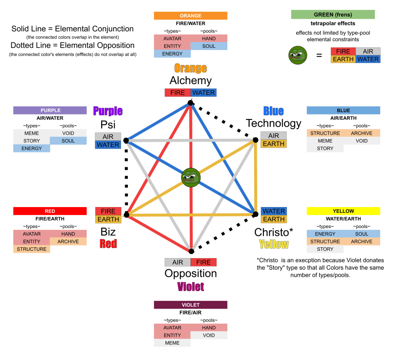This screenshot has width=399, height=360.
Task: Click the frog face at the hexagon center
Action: [191, 178]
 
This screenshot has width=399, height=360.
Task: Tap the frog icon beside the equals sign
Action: [298, 55]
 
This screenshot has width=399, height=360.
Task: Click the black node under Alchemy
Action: [191, 103]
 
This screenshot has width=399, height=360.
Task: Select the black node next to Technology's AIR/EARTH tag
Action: [255, 140]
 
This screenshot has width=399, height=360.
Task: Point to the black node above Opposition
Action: [191, 251]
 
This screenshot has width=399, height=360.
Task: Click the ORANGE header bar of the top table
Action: [191, 16]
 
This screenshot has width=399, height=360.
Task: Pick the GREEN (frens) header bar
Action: [333, 14]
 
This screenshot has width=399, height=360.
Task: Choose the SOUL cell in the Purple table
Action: [68, 141]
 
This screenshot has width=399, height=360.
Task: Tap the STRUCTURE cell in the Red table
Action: [32, 249]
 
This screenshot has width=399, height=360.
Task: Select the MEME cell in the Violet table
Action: [172, 343]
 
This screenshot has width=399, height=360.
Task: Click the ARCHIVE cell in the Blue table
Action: [361, 133]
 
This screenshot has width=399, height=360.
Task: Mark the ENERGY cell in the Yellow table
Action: [325, 234]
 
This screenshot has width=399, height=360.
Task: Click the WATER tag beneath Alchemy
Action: [204, 93]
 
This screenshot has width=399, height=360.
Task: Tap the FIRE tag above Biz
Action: [108, 211]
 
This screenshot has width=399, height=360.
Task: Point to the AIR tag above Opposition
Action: [178, 263]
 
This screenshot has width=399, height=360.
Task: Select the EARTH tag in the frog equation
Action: [343, 59]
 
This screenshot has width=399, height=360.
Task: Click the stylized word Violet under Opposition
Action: [191, 287]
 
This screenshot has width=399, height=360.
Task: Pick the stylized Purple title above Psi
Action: [108, 111]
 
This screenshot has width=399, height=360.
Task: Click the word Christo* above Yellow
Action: [274, 232]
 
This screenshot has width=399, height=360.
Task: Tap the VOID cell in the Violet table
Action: [209, 335]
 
